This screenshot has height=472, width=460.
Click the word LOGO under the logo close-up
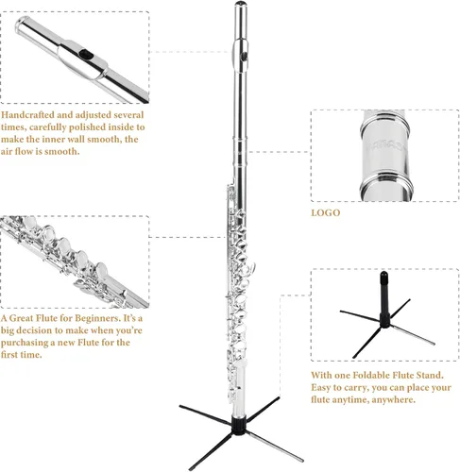tap(326, 212)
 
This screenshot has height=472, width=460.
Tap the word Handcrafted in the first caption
tap(27, 114)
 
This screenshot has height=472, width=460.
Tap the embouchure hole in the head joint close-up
tap(85, 55)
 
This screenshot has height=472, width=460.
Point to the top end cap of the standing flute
tap(241, 4)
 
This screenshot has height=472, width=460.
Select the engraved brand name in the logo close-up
tap(387, 145)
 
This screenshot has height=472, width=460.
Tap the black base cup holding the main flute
tap(239, 425)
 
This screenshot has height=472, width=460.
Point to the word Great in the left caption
tap(22, 318)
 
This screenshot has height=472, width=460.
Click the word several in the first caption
tap(128, 115)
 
